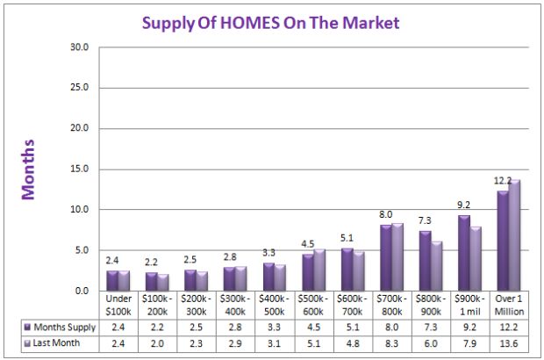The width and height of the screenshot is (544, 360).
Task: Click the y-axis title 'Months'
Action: point(28,169)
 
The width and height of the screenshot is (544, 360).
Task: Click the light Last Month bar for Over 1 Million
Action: point(514,235)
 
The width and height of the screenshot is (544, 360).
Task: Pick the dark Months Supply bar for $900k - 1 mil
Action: point(463,254)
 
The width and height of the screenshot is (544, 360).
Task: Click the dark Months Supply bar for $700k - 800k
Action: point(386,258)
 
